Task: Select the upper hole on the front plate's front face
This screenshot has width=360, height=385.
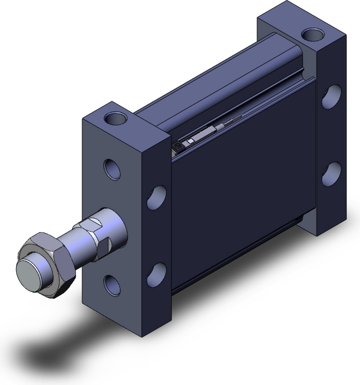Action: [x=112, y=169]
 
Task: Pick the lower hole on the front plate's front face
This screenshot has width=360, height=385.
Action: [x=112, y=285]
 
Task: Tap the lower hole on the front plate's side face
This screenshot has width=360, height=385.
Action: [x=158, y=273]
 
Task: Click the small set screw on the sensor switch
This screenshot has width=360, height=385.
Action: [x=178, y=146]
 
